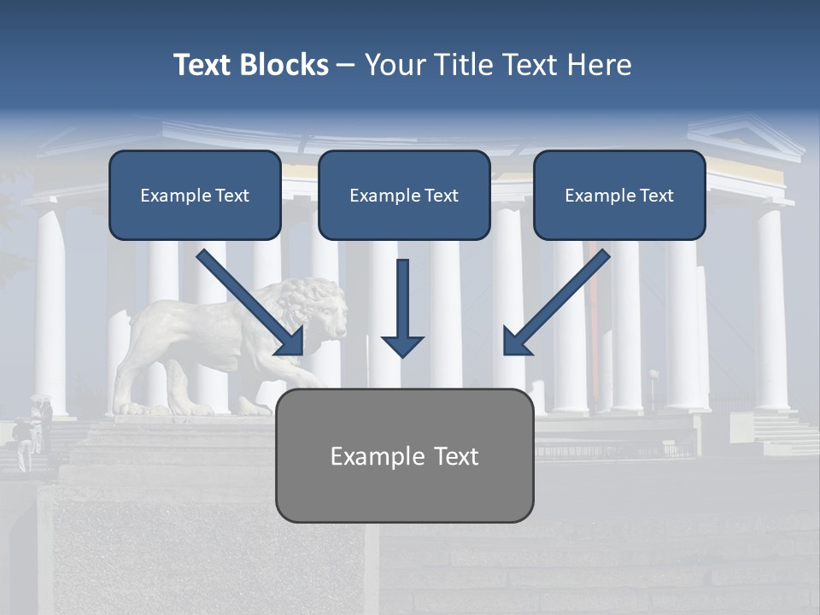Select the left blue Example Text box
coord(195,195)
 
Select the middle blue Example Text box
coord(404,195)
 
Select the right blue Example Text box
coord(619,195)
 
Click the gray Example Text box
coord(405,455)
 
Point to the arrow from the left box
coord(250,303)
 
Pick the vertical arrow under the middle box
coord(402,307)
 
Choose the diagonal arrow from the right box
coord(556,303)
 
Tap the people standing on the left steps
coord(34,431)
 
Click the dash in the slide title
coord(346,65)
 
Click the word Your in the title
coord(395,65)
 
